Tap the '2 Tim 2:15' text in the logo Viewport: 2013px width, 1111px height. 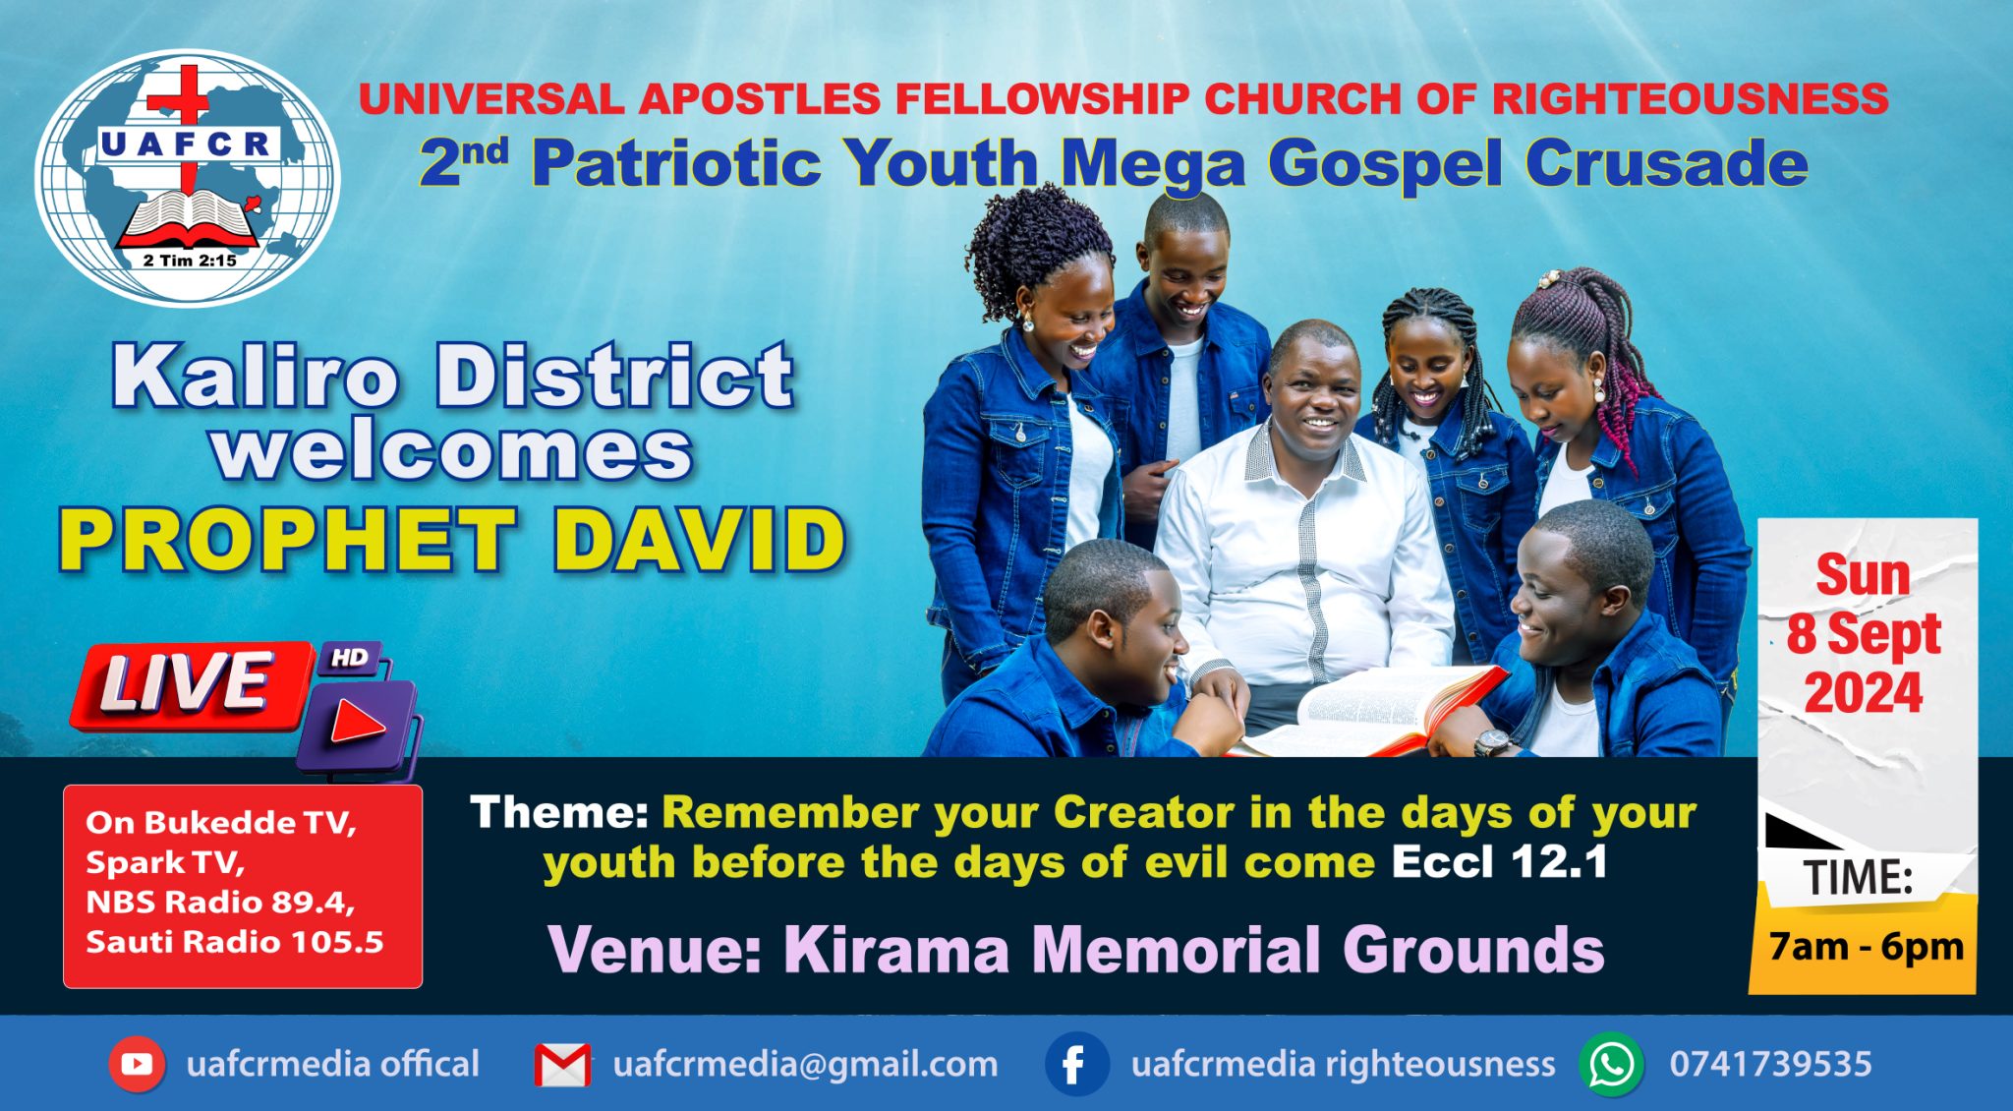point(190,261)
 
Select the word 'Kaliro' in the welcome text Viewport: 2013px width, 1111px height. point(256,377)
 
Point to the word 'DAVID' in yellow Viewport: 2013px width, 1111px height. point(699,541)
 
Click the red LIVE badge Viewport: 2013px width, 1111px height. point(187,684)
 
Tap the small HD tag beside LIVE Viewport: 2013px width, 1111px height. point(350,658)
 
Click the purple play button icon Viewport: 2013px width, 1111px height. point(358,725)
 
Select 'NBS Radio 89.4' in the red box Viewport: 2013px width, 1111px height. point(220,902)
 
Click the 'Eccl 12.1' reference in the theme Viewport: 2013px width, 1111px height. point(1499,863)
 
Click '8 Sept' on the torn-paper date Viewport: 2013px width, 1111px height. point(1863,634)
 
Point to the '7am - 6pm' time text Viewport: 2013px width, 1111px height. point(1866,947)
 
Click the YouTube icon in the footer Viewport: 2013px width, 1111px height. point(138,1064)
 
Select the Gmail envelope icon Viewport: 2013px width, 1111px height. point(563,1065)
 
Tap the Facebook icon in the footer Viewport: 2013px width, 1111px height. point(1075,1064)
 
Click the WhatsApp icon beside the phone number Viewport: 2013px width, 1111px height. point(1612,1064)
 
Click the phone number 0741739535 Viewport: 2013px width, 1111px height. point(1770,1064)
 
